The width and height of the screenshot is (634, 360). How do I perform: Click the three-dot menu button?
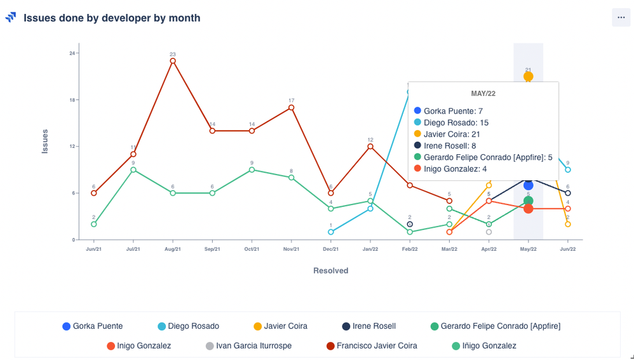(x=621, y=18)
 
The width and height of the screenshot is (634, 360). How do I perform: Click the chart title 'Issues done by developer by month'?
(x=112, y=18)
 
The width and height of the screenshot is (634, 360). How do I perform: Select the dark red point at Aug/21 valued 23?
(x=173, y=61)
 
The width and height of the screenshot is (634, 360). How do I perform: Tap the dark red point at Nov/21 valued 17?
(x=291, y=107)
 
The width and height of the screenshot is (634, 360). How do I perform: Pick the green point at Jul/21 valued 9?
(x=133, y=170)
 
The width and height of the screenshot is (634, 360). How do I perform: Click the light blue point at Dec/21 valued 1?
(x=331, y=232)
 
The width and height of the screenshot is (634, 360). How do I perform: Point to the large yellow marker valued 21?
(x=528, y=76)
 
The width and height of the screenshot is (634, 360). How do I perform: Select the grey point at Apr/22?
(x=489, y=232)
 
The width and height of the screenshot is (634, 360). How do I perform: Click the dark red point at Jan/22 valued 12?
(x=370, y=146)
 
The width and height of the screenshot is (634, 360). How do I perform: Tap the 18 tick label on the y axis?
(x=72, y=100)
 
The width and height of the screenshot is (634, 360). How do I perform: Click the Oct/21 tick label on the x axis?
(x=252, y=249)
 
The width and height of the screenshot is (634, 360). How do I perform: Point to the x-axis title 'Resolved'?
(x=330, y=270)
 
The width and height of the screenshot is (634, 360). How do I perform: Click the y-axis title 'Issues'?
(x=45, y=141)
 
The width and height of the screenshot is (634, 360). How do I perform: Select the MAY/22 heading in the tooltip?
(x=483, y=93)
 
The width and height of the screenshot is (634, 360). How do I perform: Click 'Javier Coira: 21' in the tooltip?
(x=452, y=134)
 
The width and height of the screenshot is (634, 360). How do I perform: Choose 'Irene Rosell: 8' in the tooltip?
(x=450, y=145)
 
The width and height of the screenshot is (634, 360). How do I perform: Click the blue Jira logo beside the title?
(x=11, y=18)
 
